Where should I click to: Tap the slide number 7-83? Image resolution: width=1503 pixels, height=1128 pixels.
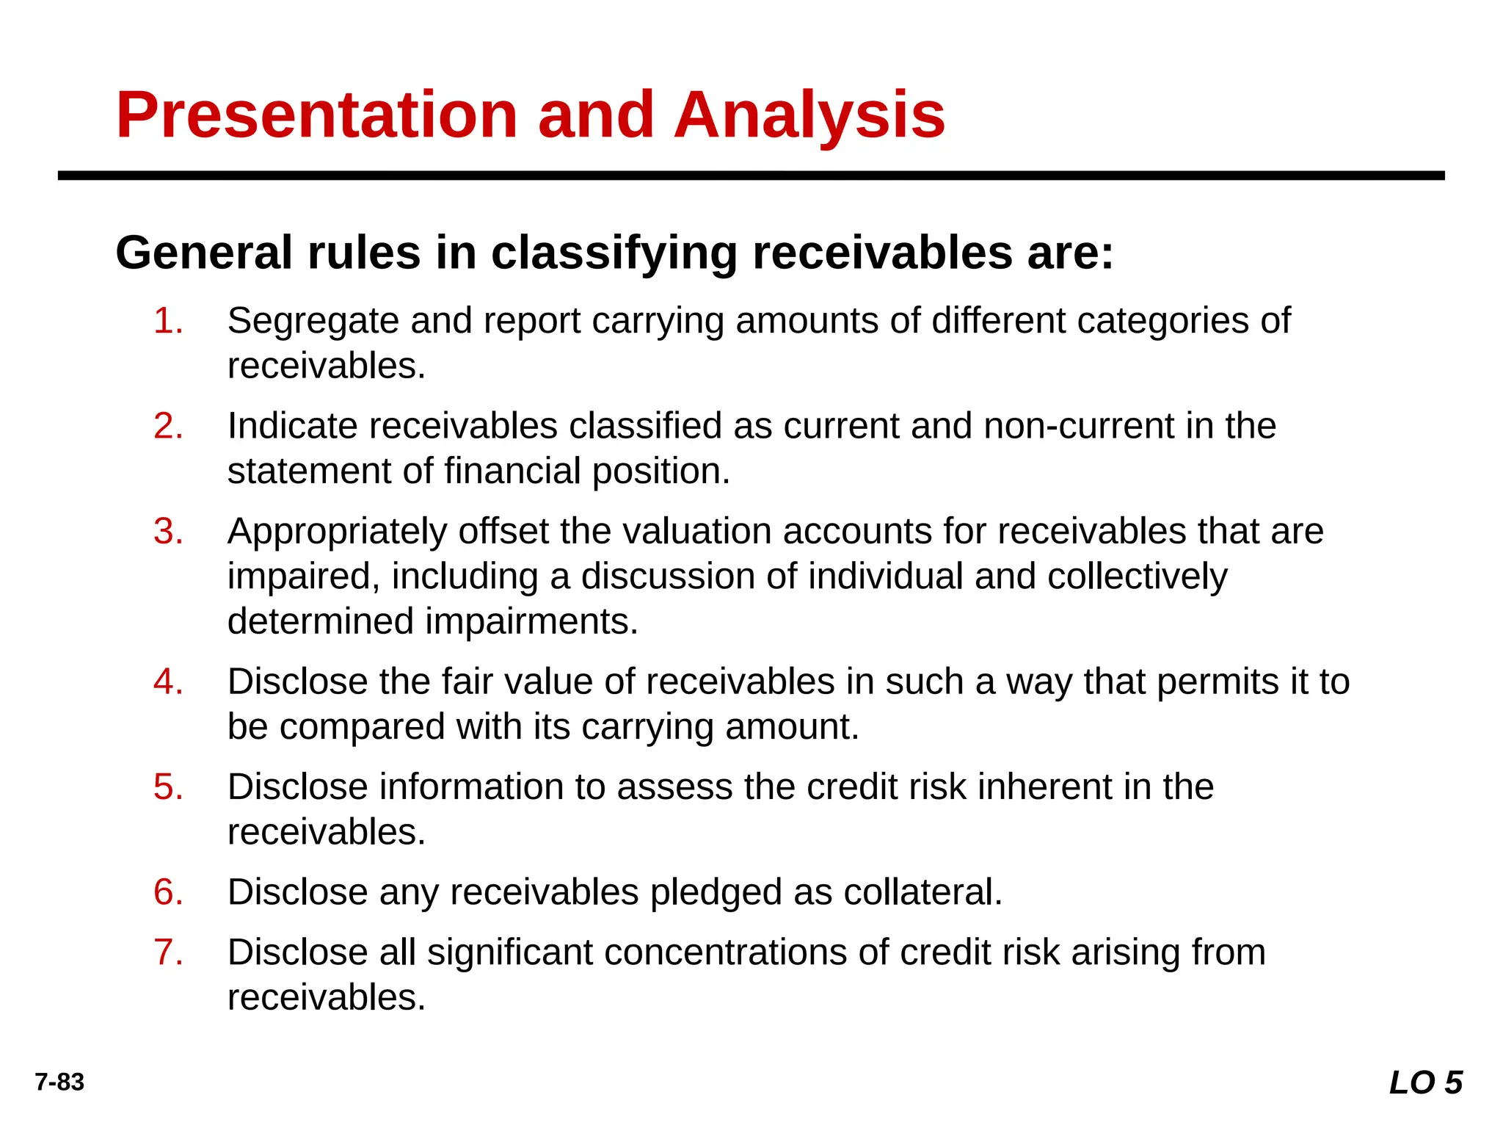tap(59, 1082)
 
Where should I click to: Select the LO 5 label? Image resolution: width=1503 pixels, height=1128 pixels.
tap(1425, 1082)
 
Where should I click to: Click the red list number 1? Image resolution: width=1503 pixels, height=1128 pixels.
tap(168, 321)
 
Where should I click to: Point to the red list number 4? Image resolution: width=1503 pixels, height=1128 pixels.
tap(168, 681)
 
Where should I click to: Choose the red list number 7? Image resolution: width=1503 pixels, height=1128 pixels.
tap(168, 952)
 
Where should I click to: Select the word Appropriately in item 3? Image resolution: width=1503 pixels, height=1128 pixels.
tap(337, 531)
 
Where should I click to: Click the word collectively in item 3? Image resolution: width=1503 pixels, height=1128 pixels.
tap(1137, 576)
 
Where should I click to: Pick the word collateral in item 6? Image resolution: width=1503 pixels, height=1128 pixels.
tap(922, 892)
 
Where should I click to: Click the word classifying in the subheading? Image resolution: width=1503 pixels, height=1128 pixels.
tap(614, 253)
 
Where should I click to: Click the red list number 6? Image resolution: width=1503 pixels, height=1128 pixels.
tap(168, 892)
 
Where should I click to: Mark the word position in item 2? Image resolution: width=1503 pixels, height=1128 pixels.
tap(660, 471)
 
